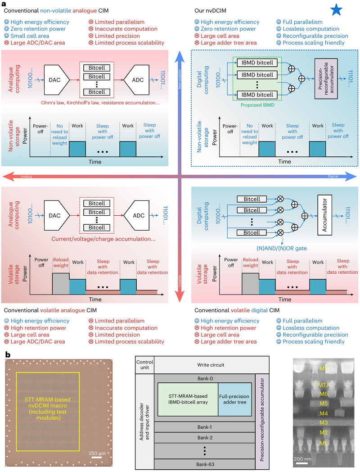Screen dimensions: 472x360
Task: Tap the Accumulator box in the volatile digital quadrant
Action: [327, 214]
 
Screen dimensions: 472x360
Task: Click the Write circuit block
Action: [211, 364]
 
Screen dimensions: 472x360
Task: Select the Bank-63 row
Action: [204, 463]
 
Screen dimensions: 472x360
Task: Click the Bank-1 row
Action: [204, 427]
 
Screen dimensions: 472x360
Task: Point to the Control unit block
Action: [144, 364]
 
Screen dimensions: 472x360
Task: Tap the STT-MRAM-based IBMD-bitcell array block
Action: [188, 399]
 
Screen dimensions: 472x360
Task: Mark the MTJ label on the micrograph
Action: [324, 385]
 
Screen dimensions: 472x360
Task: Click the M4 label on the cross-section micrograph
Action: [324, 413]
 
